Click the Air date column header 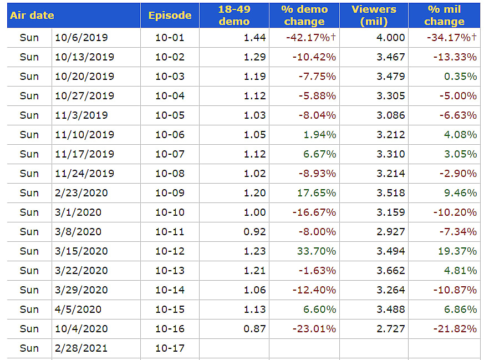[x=32, y=16]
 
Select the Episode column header [x=170, y=16]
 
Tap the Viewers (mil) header [x=374, y=16]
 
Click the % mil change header [x=444, y=16]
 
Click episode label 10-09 [x=170, y=193]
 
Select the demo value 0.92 [x=254, y=232]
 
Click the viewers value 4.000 [x=391, y=38]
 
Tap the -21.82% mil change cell [x=452, y=329]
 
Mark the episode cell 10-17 [x=170, y=348]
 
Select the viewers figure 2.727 [x=391, y=329]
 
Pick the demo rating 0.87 [x=254, y=329]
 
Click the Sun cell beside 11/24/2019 [x=29, y=174]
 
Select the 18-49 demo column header [x=234, y=16]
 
